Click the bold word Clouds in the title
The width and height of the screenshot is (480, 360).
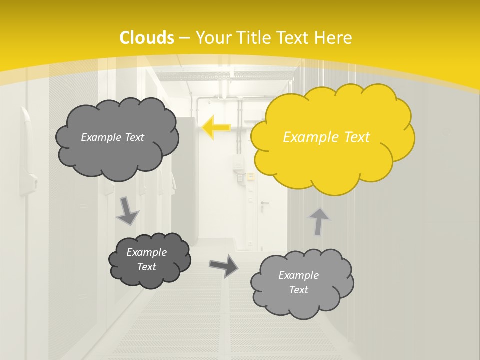pos(147,38)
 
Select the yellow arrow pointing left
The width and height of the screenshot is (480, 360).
pos(216,128)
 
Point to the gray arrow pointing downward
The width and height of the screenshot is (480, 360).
pos(127,211)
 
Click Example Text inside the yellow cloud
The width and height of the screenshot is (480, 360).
pos(326,137)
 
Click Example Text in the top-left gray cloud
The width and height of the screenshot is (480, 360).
pos(112,137)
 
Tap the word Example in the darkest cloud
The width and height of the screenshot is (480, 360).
pos(146,252)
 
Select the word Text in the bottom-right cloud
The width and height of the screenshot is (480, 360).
pos(298,290)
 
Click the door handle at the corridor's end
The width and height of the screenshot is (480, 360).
pos(263,203)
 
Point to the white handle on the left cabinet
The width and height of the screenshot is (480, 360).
pos(25,150)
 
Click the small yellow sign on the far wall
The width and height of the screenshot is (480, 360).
pos(250,176)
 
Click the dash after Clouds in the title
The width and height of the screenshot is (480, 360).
pos(184,38)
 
